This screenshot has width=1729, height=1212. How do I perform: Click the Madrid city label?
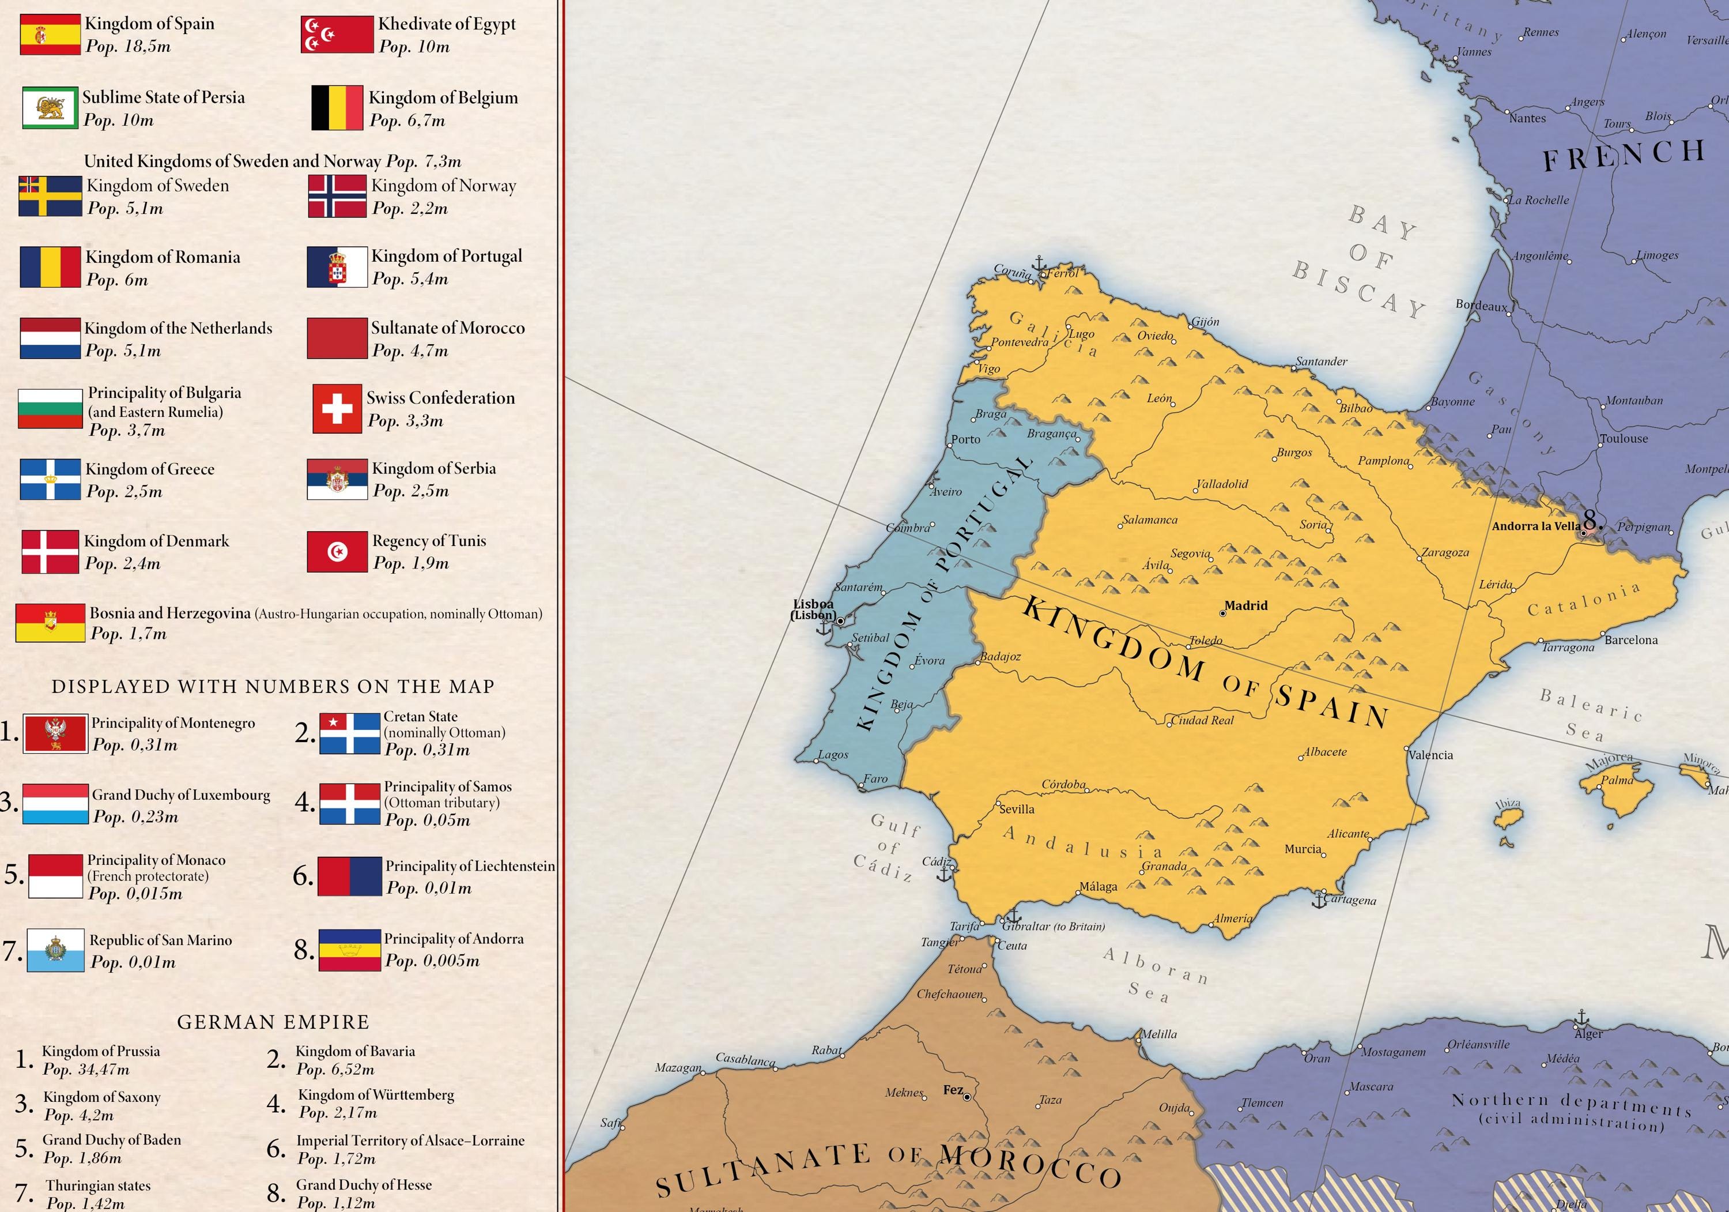[1245, 605]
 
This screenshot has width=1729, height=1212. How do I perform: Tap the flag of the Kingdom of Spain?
[50, 34]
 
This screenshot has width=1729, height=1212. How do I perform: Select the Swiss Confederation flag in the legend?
[337, 409]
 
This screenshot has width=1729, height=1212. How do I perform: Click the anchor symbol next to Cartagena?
[1319, 899]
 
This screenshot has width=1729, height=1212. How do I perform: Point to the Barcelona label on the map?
[1631, 640]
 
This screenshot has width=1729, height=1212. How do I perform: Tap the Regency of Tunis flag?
[337, 552]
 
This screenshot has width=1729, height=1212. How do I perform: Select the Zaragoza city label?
[1444, 552]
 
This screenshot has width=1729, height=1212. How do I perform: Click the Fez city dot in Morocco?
[967, 1097]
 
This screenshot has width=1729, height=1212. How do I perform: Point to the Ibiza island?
[1507, 816]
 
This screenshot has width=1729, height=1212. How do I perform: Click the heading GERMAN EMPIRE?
[273, 1022]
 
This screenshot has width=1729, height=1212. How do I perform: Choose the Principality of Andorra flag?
[349, 951]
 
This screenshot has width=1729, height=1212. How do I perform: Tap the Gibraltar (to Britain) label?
[1053, 927]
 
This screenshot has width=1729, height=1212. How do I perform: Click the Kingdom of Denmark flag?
[50, 552]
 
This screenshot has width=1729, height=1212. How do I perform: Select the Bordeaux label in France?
[1481, 305]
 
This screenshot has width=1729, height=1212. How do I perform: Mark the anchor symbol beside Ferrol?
[1039, 264]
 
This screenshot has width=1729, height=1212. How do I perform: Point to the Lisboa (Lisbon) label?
[813, 609]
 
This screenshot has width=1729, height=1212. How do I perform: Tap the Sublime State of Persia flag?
[50, 108]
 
